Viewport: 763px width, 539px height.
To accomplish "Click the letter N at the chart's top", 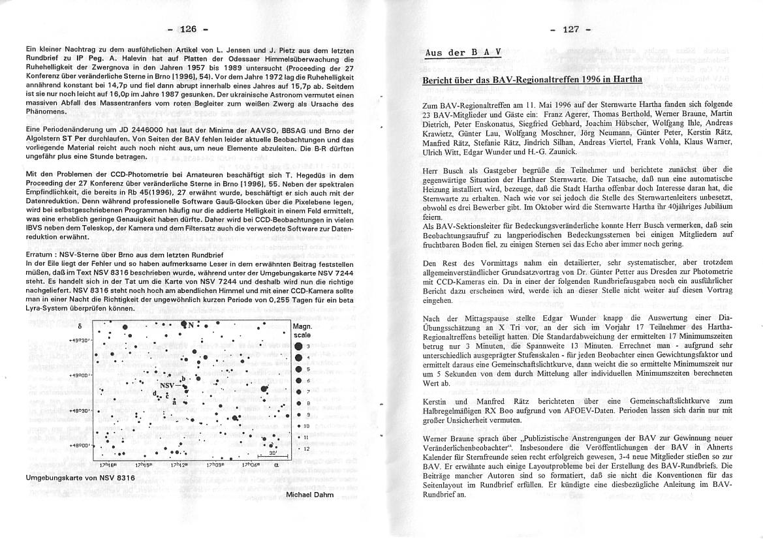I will [x=191, y=326].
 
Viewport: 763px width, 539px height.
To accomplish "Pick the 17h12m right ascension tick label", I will [x=179, y=465].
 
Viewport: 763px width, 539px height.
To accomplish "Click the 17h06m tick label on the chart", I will [x=251, y=465].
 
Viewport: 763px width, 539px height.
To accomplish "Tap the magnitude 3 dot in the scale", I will [x=298, y=346].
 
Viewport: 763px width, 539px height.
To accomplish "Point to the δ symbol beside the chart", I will [x=79, y=326].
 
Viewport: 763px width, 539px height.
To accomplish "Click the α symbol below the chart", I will [x=276, y=465].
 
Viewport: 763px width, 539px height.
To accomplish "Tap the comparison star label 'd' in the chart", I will [x=154, y=392].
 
